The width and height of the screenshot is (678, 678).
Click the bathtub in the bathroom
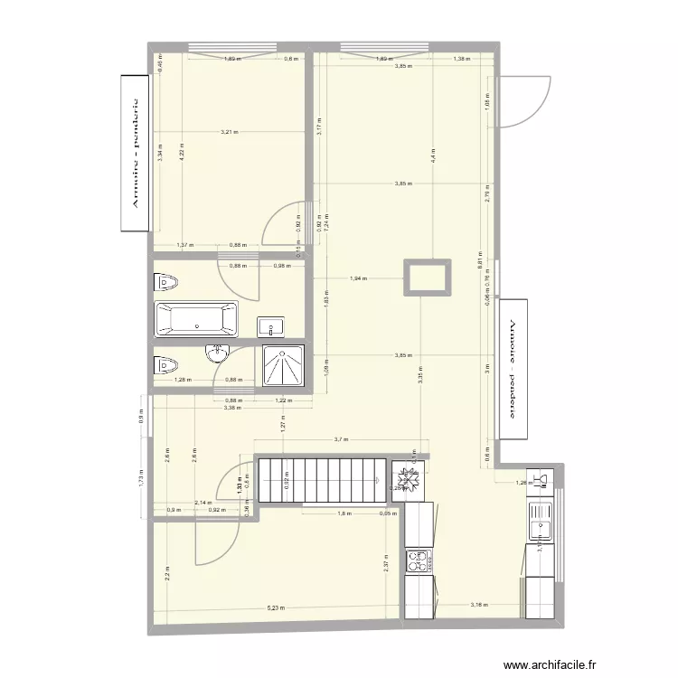coord(197,319)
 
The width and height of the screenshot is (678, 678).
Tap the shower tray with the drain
coord(284,366)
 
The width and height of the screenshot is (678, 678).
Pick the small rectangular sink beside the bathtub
coord(270,325)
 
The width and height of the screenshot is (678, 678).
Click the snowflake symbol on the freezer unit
coord(410,481)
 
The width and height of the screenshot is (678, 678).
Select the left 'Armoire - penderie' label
coord(135,154)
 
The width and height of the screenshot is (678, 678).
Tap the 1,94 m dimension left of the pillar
coord(359,278)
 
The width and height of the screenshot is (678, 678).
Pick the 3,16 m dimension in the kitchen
coord(477,605)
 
